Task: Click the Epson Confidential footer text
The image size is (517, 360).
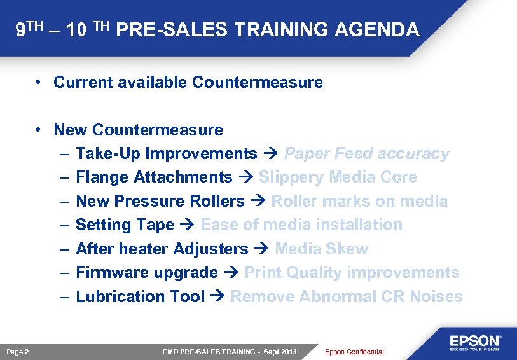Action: point(354,352)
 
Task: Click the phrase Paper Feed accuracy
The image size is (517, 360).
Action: point(366,154)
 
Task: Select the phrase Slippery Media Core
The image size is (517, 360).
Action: point(338,177)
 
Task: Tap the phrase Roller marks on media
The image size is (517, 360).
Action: point(359,202)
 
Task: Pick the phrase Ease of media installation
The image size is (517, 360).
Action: point(301,225)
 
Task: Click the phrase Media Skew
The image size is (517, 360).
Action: point(321,249)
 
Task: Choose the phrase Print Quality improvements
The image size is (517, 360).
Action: point(352,273)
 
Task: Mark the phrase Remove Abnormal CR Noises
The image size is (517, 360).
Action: point(347,296)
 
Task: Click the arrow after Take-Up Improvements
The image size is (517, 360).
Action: point(270,154)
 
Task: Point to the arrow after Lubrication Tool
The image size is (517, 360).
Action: point(217,296)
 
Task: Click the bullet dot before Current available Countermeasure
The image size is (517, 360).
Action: point(39,82)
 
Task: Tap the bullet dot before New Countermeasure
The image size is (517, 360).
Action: point(39,130)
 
